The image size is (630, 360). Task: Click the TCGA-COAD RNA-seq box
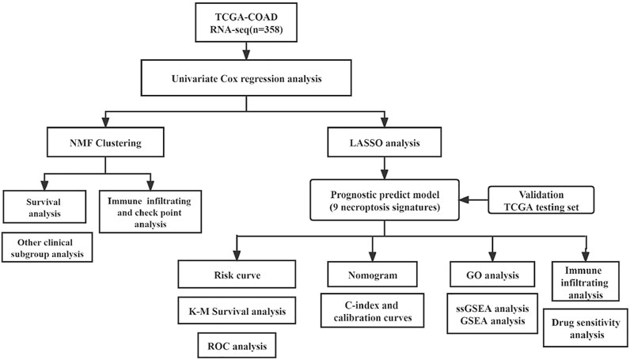click(246, 22)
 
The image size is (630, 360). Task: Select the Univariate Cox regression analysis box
click(246, 78)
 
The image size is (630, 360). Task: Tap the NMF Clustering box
click(105, 142)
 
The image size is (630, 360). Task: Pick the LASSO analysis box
click(385, 142)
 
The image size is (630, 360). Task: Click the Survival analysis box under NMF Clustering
click(44, 207)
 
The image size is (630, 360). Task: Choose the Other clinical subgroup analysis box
click(47, 248)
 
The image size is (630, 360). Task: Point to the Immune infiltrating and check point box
click(150, 212)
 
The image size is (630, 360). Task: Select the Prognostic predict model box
click(385, 200)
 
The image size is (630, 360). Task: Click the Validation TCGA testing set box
click(541, 200)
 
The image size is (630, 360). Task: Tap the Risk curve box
click(237, 274)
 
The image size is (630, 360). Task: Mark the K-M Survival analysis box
click(237, 311)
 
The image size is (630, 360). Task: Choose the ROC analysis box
click(237, 345)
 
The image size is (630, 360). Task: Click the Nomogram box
click(373, 275)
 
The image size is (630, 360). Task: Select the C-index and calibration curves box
click(373, 310)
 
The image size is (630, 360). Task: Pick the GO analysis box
click(492, 275)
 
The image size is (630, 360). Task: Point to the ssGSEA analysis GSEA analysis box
click(492, 314)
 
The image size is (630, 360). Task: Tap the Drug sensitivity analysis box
click(586, 328)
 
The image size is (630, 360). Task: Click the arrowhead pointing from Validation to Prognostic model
click(464, 200)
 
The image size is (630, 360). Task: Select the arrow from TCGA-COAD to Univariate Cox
click(246, 51)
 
